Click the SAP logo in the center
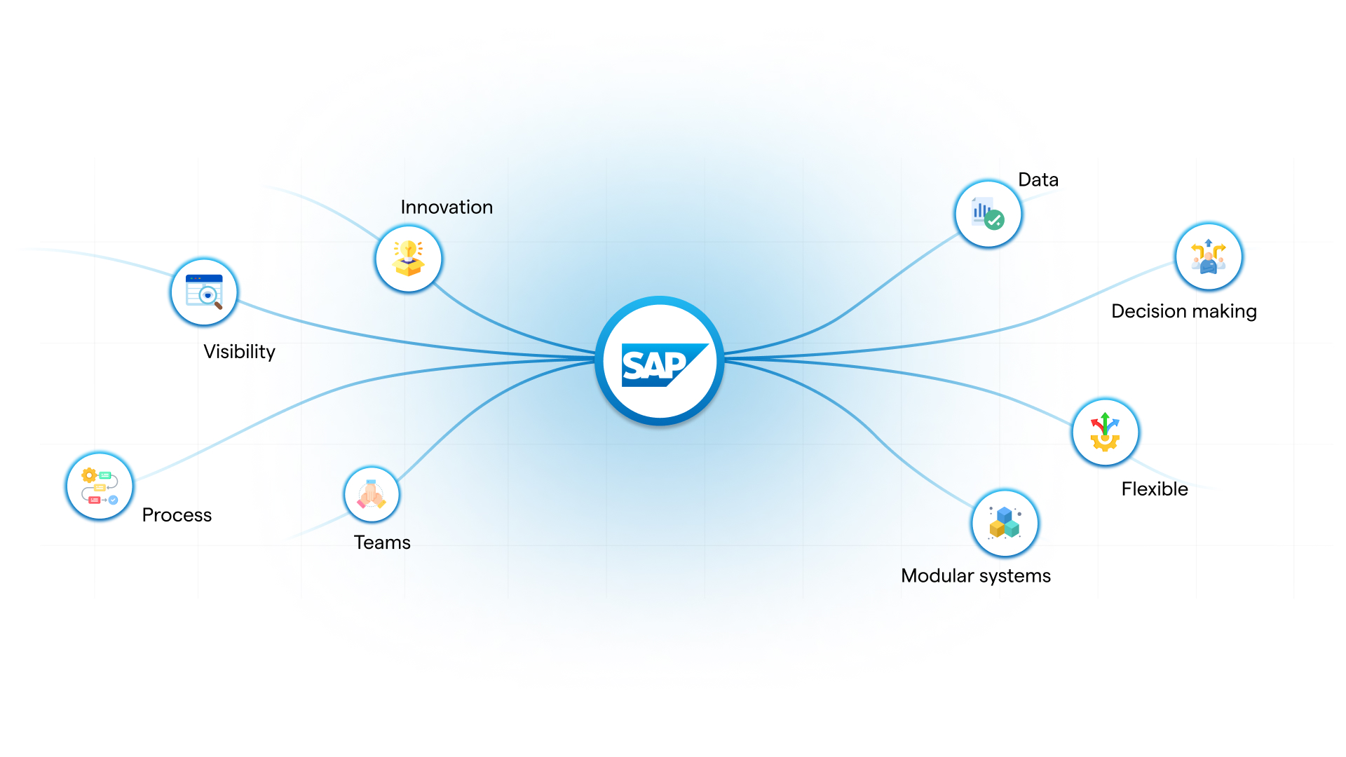tap(659, 362)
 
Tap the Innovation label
tap(447, 207)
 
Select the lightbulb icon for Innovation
tap(409, 259)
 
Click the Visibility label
tap(239, 352)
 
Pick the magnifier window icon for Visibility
tap(204, 292)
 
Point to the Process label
tap(177, 515)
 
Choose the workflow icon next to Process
tap(100, 486)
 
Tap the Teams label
tap(382, 543)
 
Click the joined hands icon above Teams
tap(372, 494)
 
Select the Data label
tap(1038, 180)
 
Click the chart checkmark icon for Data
tap(988, 214)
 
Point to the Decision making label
tap(1184, 311)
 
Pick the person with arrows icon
tap(1209, 257)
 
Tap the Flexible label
tap(1155, 489)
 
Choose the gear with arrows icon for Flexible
tap(1106, 432)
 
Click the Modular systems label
tap(976, 576)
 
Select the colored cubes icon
tap(1005, 523)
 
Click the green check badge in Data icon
tap(995, 220)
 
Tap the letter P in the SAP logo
tap(674, 365)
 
